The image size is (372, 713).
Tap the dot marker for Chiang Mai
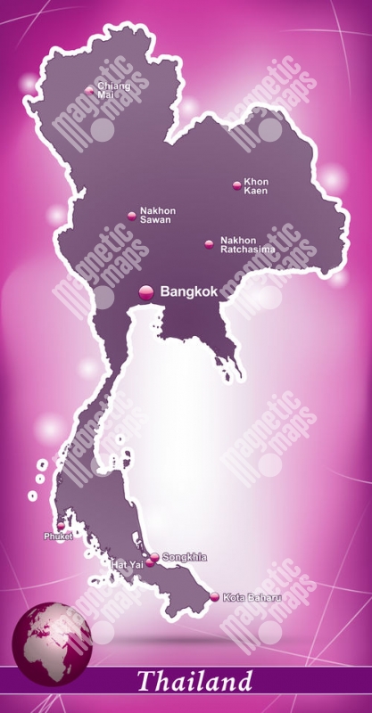click(x=89, y=90)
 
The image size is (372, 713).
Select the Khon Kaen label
click(x=256, y=185)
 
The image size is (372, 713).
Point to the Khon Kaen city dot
click(x=236, y=185)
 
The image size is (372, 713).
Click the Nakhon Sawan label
click(x=157, y=215)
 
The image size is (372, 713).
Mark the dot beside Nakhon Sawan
click(x=131, y=215)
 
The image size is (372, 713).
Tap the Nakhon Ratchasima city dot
click(x=209, y=243)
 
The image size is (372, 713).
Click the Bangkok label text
click(x=189, y=291)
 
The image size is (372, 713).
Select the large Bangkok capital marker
click(x=146, y=291)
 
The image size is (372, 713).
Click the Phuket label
click(x=58, y=537)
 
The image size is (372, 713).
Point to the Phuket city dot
click(x=61, y=527)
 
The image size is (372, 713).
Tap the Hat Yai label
click(x=126, y=564)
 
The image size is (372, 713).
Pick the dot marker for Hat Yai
click(x=150, y=563)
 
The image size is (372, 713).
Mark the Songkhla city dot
click(x=154, y=558)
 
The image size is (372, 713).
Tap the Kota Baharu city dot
click(x=214, y=597)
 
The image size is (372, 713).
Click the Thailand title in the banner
click(x=194, y=683)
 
